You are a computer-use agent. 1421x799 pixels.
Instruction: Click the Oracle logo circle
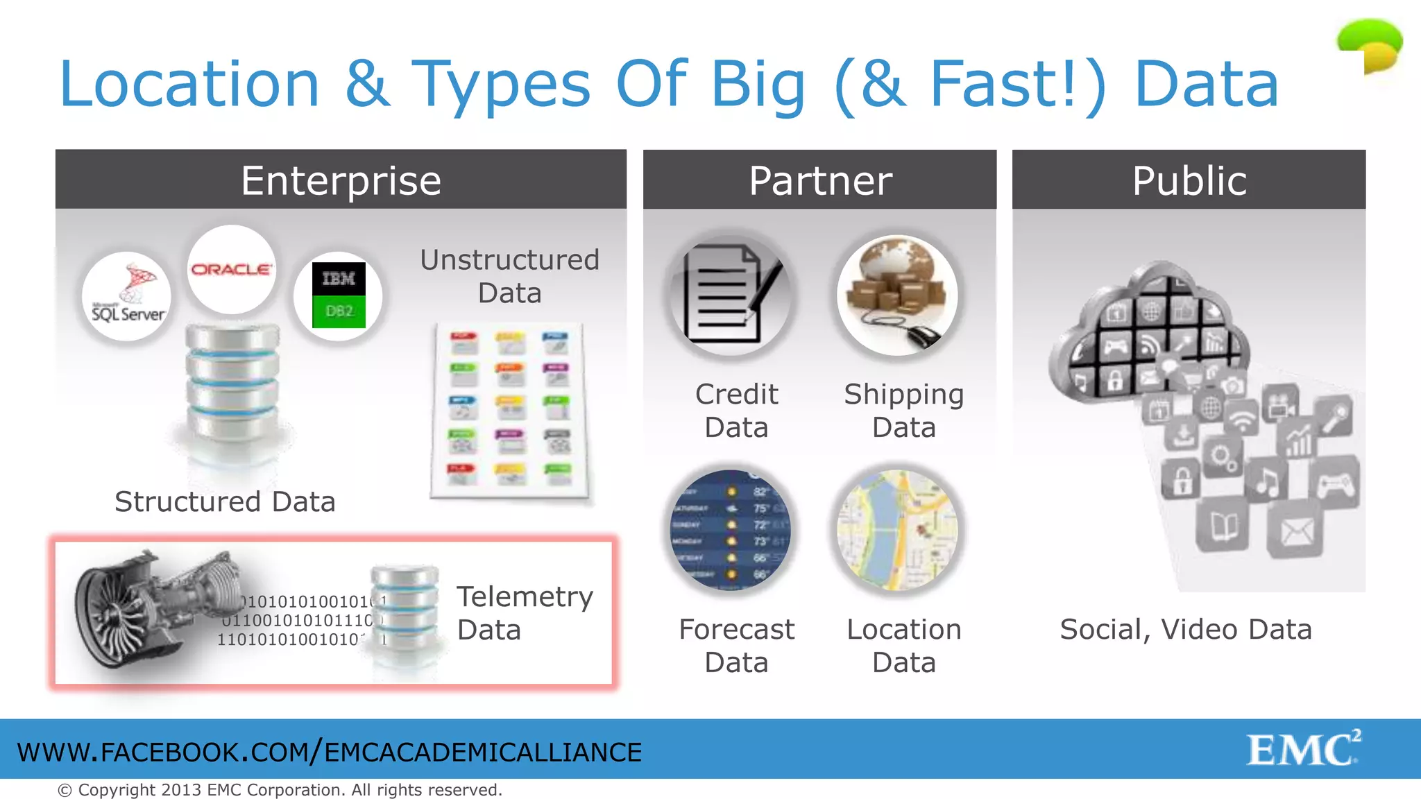point(231,269)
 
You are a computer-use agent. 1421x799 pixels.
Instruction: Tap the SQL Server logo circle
point(127,296)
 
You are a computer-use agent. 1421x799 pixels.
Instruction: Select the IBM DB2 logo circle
point(338,295)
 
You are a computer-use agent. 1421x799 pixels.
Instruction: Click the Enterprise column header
point(341,180)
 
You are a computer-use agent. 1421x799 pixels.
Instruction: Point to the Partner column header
point(819,180)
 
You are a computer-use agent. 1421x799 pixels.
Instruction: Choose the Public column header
point(1189,180)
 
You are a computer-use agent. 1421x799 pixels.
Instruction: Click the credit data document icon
point(730,295)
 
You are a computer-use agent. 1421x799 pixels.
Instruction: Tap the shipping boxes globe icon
point(897,295)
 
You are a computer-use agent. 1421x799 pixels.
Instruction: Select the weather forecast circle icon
point(730,530)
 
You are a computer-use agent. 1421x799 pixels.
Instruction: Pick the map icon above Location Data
point(897,530)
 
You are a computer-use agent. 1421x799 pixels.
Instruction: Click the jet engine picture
point(156,607)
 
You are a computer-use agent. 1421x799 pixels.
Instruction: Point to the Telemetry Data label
point(525,613)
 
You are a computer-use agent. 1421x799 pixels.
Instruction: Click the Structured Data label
point(225,501)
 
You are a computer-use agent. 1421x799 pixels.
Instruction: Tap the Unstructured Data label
point(509,276)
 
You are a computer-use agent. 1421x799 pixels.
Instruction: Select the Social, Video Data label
point(1186,629)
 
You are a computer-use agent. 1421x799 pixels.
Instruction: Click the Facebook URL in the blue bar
point(330,753)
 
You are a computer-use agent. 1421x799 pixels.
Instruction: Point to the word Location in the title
point(189,84)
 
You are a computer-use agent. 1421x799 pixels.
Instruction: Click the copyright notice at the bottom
point(280,790)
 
